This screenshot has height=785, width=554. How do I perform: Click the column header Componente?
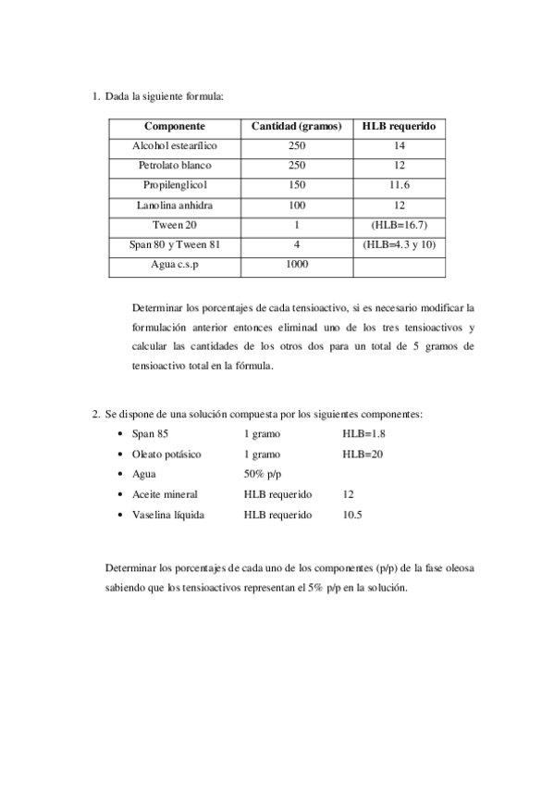pos(175,126)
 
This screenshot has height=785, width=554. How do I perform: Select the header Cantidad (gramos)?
pos(296,126)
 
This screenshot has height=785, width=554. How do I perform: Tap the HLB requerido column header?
pos(399,126)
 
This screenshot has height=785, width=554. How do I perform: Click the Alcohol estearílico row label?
pos(175,146)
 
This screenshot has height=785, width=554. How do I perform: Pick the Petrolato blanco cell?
pos(175,166)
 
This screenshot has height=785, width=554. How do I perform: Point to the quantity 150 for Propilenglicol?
pos(296,185)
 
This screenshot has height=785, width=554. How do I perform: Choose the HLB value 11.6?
pos(399,185)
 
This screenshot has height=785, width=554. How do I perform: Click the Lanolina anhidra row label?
pos(175,205)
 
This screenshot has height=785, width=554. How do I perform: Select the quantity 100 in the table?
pos(296,205)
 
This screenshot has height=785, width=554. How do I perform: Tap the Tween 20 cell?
pos(175,225)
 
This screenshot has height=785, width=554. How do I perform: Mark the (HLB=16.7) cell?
pos(399,225)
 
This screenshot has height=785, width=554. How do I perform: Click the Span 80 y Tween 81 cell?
pos(175,244)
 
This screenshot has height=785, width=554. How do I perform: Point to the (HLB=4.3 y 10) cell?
pos(399,244)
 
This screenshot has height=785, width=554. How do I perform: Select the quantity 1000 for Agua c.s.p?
pos(296,264)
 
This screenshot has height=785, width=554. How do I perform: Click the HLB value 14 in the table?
pos(399,146)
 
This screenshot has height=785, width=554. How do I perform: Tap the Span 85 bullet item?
pos(151,433)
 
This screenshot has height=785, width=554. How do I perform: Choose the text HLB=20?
pos(363,454)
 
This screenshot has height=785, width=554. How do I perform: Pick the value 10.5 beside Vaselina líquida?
pos(352,514)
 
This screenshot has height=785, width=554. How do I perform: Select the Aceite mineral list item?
pos(165,494)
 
